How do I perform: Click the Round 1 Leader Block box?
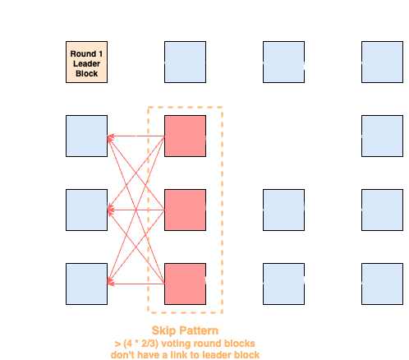[x=86, y=62]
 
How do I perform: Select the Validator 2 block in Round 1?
[x=86, y=136]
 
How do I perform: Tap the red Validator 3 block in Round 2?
[x=185, y=210]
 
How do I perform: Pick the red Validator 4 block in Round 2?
[x=185, y=284]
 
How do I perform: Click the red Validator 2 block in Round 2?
[x=185, y=136]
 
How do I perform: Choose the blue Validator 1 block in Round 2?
[x=185, y=62]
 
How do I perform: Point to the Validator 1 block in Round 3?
[x=283, y=62]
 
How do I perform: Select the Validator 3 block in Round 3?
[x=283, y=210]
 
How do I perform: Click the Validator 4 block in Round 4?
[x=382, y=284]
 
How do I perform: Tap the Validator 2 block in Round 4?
[x=382, y=136]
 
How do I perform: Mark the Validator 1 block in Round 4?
[x=382, y=62]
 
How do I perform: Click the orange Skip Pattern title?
[x=185, y=330]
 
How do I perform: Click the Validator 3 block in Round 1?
[x=86, y=210]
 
